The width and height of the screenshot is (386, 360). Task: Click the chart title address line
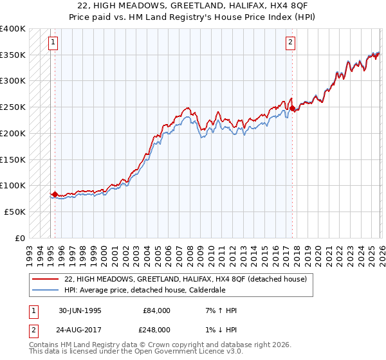193,6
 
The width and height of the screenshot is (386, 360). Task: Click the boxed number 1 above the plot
53,43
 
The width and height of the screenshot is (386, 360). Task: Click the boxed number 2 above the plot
290,43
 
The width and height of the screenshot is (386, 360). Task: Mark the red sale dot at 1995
55,194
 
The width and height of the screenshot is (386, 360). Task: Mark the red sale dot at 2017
293,109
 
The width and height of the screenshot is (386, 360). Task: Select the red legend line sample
45,279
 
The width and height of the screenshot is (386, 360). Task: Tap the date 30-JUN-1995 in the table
80,310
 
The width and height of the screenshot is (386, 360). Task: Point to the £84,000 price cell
156,310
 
